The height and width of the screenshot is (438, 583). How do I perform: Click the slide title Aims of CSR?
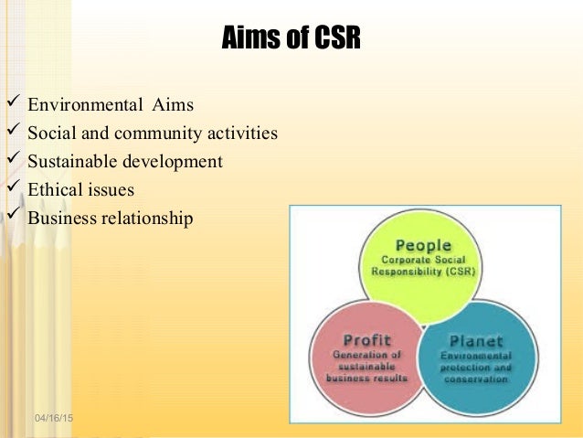click(291, 40)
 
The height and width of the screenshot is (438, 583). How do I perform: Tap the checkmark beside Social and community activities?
click(12, 133)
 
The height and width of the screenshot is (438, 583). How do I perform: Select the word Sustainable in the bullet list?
click(69, 162)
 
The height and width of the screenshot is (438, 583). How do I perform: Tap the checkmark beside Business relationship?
click(12, 218)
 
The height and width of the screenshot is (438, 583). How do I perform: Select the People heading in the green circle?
click(423, 245)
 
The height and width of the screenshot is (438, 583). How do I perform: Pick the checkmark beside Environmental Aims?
click(12, 103)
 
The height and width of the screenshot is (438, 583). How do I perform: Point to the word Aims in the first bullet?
click(173, 104)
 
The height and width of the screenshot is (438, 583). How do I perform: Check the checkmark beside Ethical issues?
click(12, 189)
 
